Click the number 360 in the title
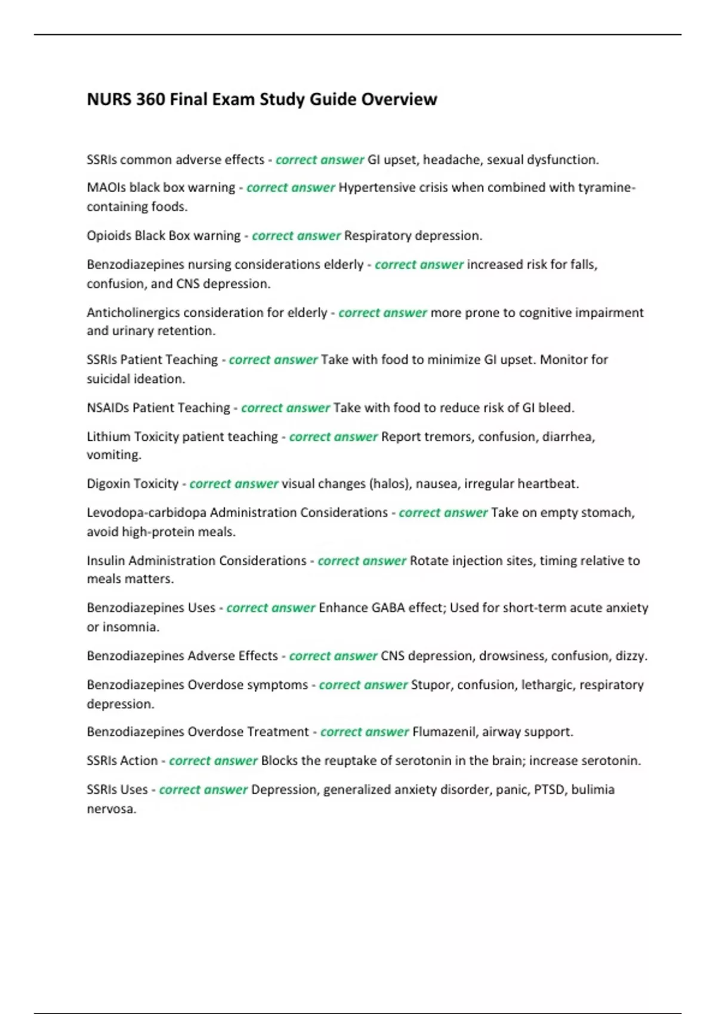(x=150, y=99)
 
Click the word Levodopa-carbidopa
(x=146, y=512)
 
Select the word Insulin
(x=106, y=561)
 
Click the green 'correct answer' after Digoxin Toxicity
(x=233, y=484)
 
